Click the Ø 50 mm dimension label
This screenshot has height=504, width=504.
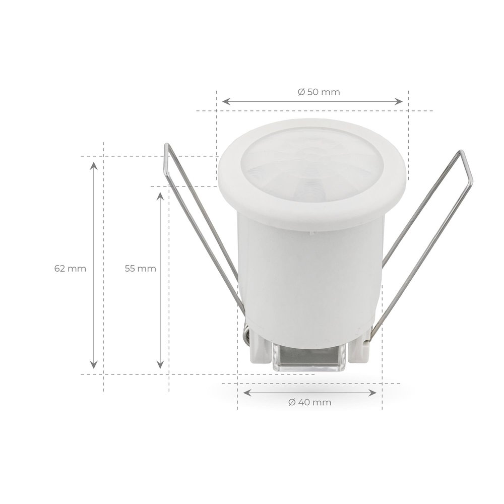point(319,92)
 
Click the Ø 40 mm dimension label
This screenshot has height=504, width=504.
point(310,402)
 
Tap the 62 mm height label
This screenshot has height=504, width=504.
point(70,268)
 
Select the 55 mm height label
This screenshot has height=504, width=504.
point(140,268)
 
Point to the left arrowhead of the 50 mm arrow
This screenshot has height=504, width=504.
point(225,101)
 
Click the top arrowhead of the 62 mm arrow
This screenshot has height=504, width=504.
point(93,166)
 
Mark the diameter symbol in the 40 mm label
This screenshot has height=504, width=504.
point(292,402)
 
